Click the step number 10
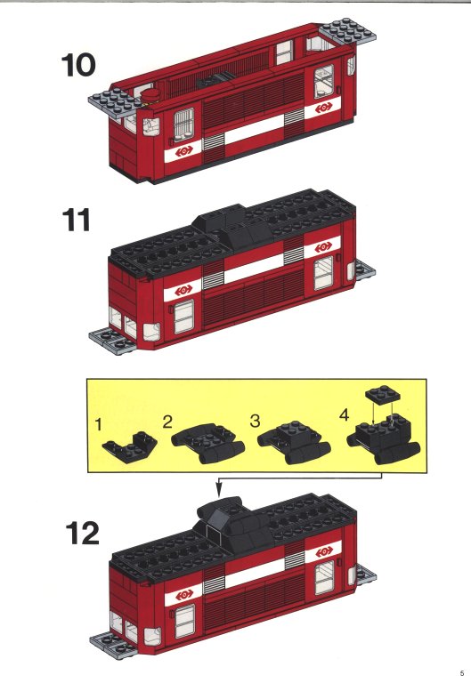pos(78,65)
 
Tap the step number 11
pos(77,220)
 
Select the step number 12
pos(83,534)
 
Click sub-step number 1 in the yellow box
pos(99,424)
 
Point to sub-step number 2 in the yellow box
pos(167,422)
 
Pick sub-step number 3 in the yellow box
pos(256,421)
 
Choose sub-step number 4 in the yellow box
pos(344,414)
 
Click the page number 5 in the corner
pos(462,672)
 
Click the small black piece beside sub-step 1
pos(130,446)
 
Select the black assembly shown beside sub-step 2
pos(208,442)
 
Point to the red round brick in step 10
pos(151,95)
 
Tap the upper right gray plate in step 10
pos(347,31)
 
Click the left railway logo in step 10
pos(184,151)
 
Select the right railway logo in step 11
pos(323,247)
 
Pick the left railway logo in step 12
pos(184,594)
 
